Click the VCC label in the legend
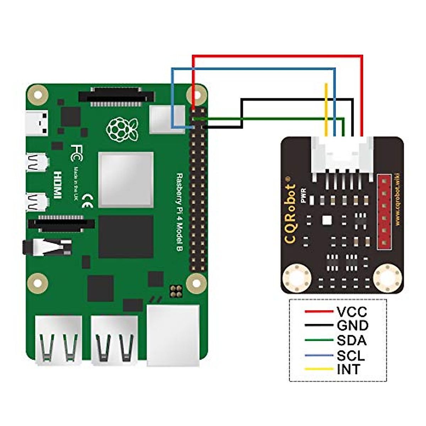click(352, 312)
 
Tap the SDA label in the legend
click(351, 340)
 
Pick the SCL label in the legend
click(351, 355)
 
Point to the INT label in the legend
click(348, 369)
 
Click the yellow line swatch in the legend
click(319, 369)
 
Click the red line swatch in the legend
click(319, 312)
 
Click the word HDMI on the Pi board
click(57, 185)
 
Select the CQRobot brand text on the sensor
click(291, 213)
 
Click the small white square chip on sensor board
click(326, 220)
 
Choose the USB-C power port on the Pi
click(37, 122)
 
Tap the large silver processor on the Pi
click(126, 180)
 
